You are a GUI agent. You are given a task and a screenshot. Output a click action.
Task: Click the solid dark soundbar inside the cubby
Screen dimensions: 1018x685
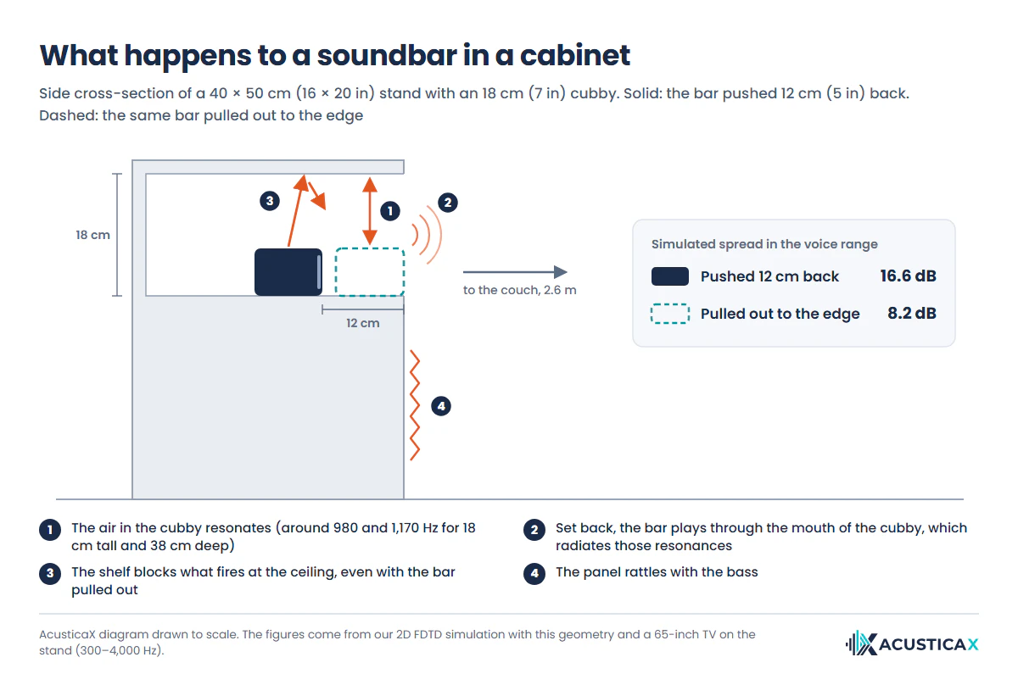288,271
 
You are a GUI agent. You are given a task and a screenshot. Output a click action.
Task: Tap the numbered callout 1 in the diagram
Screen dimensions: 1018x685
389,211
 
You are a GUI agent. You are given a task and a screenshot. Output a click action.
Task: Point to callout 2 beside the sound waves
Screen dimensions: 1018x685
448,203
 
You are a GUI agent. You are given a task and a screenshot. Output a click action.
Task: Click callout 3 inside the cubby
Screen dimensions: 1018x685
270,201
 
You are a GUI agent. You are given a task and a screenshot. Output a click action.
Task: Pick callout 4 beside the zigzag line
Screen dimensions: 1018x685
441,406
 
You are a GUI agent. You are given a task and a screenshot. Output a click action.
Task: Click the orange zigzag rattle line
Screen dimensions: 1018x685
415,405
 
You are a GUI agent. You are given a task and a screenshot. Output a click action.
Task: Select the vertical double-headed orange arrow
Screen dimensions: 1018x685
370,211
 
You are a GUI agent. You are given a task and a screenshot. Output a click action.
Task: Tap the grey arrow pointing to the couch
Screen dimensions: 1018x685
516,272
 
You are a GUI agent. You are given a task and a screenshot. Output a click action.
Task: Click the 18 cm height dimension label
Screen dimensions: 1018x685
92,235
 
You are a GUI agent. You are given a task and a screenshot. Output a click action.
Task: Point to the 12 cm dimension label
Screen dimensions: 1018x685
363,323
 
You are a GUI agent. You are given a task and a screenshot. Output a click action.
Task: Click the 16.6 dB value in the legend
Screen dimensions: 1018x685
908,276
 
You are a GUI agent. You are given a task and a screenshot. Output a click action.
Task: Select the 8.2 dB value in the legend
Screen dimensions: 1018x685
912,313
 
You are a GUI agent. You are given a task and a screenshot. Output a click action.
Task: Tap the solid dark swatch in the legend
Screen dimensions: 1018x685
670,276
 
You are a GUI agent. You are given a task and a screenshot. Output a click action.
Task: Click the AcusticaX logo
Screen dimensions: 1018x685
912,643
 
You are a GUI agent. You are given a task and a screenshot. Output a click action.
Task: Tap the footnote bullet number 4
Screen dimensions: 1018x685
534,574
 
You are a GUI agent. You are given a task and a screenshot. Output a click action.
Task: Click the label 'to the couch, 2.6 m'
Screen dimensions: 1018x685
519,290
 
